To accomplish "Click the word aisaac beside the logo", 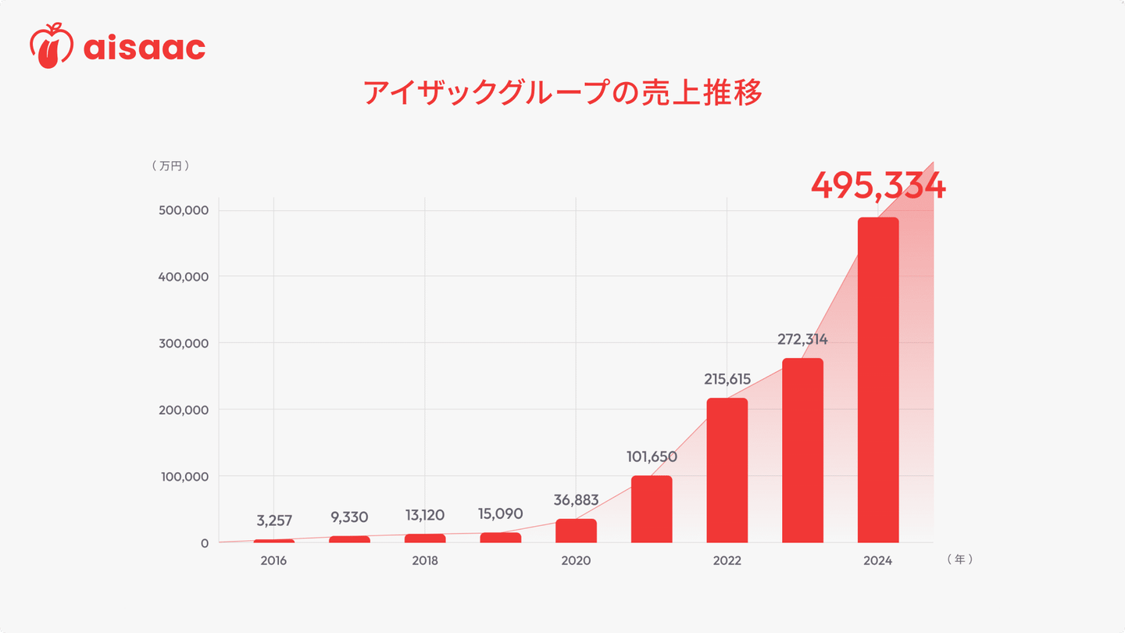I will point(144,48).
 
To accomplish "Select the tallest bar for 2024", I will point(878,380).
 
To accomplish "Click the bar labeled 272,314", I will point(802,450).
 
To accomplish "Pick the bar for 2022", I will point(727,470).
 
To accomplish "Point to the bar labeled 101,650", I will point(652,509).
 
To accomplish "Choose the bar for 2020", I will point(576,531).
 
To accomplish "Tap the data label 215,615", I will point(727,380).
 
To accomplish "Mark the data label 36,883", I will point(576,500).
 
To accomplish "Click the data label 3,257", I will point(274,520).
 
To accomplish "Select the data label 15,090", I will point(500,514).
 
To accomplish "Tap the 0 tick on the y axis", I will point(205,543).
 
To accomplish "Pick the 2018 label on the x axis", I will point(425,561).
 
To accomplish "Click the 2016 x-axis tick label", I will point(274,561).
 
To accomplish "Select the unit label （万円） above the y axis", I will point(171,166).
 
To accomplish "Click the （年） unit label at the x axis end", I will point(959,560).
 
